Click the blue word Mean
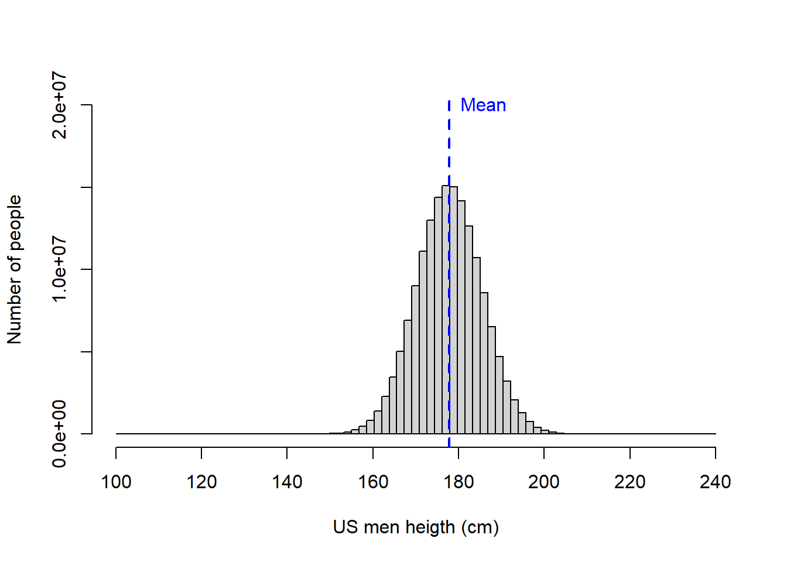[x=483, y=105]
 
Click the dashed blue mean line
[x=449, y=146]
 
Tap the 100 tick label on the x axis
[x=116, y=482]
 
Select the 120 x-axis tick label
[x=201, y=482]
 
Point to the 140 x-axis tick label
[x=287, y=482]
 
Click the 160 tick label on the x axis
[x=373, y=482]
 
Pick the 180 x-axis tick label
[x=458, y=482]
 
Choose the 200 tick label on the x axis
[x=544, y=482]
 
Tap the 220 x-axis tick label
[x=629, y=482]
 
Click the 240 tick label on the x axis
[x=715, y=482]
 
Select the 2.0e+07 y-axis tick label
[x=59, y=105]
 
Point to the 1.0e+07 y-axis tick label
[x=59, y=269]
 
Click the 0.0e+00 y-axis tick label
[x=59, y=434]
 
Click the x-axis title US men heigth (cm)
[x=416, y=527]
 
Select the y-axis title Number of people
[x=14, y=269]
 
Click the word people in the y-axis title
[x=14, y=222]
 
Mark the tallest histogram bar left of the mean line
[x=446, y=310]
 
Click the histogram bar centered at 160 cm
[x=370, y=427]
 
